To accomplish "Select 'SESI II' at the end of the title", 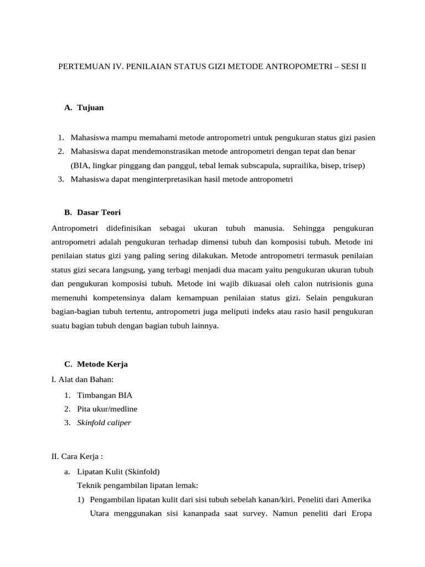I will (353, 66).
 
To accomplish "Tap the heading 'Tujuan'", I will (90, 108).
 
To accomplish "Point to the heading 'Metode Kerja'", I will (102, 364).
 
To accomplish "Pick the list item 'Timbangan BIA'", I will (105, 395).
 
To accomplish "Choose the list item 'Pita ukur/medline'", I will (107, 409).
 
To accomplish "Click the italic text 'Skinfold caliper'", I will (104, 423).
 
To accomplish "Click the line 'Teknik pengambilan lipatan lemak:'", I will (134, 486).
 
